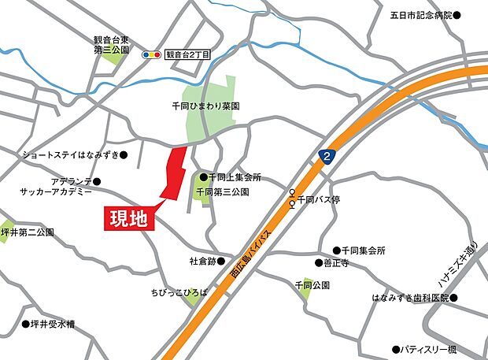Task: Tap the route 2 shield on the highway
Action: pos(327,157)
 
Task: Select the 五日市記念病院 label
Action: pos(422,15)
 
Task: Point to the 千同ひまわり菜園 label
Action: pos(205,105)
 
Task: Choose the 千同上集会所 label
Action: pos(235,177)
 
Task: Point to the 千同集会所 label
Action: pos(363,251)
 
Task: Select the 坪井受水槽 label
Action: pos(52,324)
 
